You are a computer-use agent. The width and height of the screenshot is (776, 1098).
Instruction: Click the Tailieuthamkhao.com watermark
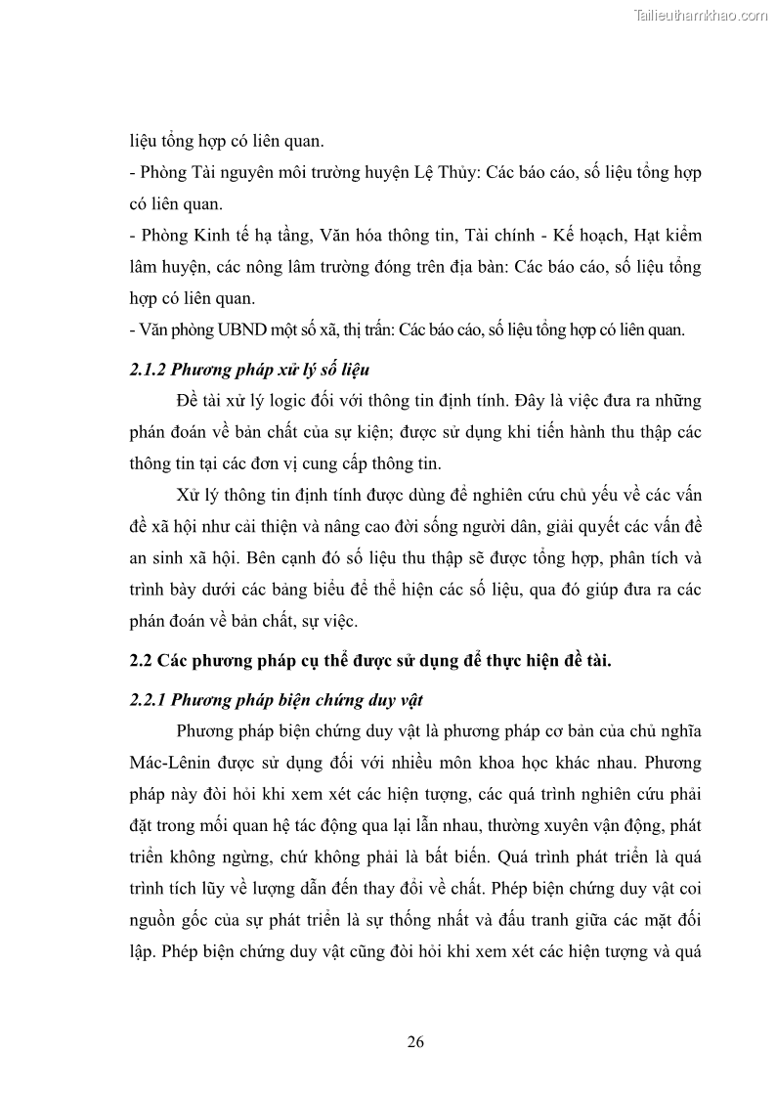click(702, 15)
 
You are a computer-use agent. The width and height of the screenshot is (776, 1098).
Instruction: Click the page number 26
click(415, 1041)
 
